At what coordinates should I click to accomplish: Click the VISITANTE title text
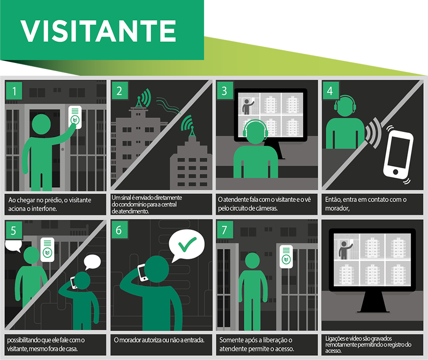point(98,31)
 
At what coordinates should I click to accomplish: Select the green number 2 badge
point(119,91)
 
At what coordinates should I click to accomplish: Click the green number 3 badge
point(224,91)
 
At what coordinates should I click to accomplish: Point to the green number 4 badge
point(330,91)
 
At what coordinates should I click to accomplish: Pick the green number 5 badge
point(14,230)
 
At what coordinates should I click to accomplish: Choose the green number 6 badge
point(119,230)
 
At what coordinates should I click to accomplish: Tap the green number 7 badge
point(224,230)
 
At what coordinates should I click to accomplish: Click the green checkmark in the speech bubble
point(187,244)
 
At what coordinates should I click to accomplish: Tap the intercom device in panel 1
point(75,117)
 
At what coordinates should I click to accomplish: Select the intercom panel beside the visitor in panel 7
point(286,256)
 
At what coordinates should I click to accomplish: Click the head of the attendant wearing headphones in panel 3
point(255,132)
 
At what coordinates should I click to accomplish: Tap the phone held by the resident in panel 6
point(142,273)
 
